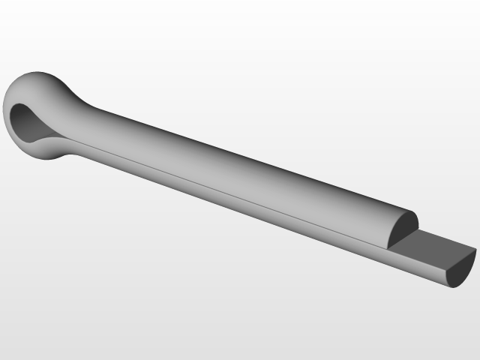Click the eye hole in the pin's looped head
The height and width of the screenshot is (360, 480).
pos(30,122)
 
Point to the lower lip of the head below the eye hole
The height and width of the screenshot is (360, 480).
pos(45,150)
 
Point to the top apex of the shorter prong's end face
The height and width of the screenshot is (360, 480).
pos(412,212)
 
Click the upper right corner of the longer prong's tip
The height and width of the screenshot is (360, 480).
pos(475,250)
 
